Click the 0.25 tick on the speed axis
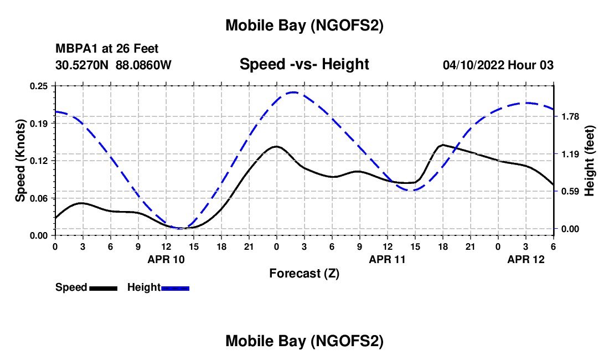click(39, 86)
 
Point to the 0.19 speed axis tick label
click(39, 123)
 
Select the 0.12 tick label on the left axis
click(39, 161)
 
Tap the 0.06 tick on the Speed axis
click(39, 198)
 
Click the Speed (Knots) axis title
click(20, 161)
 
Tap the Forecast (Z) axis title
click(304, 273)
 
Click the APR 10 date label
click(166, 259)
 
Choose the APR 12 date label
click(527, 259)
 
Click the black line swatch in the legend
click(103, 287)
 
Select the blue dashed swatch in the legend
click(176, 287)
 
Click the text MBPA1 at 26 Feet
click(107, 49)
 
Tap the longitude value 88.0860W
click(143, 65)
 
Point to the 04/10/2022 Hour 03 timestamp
click(498, 65)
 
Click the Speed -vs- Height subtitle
click(304, 64)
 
